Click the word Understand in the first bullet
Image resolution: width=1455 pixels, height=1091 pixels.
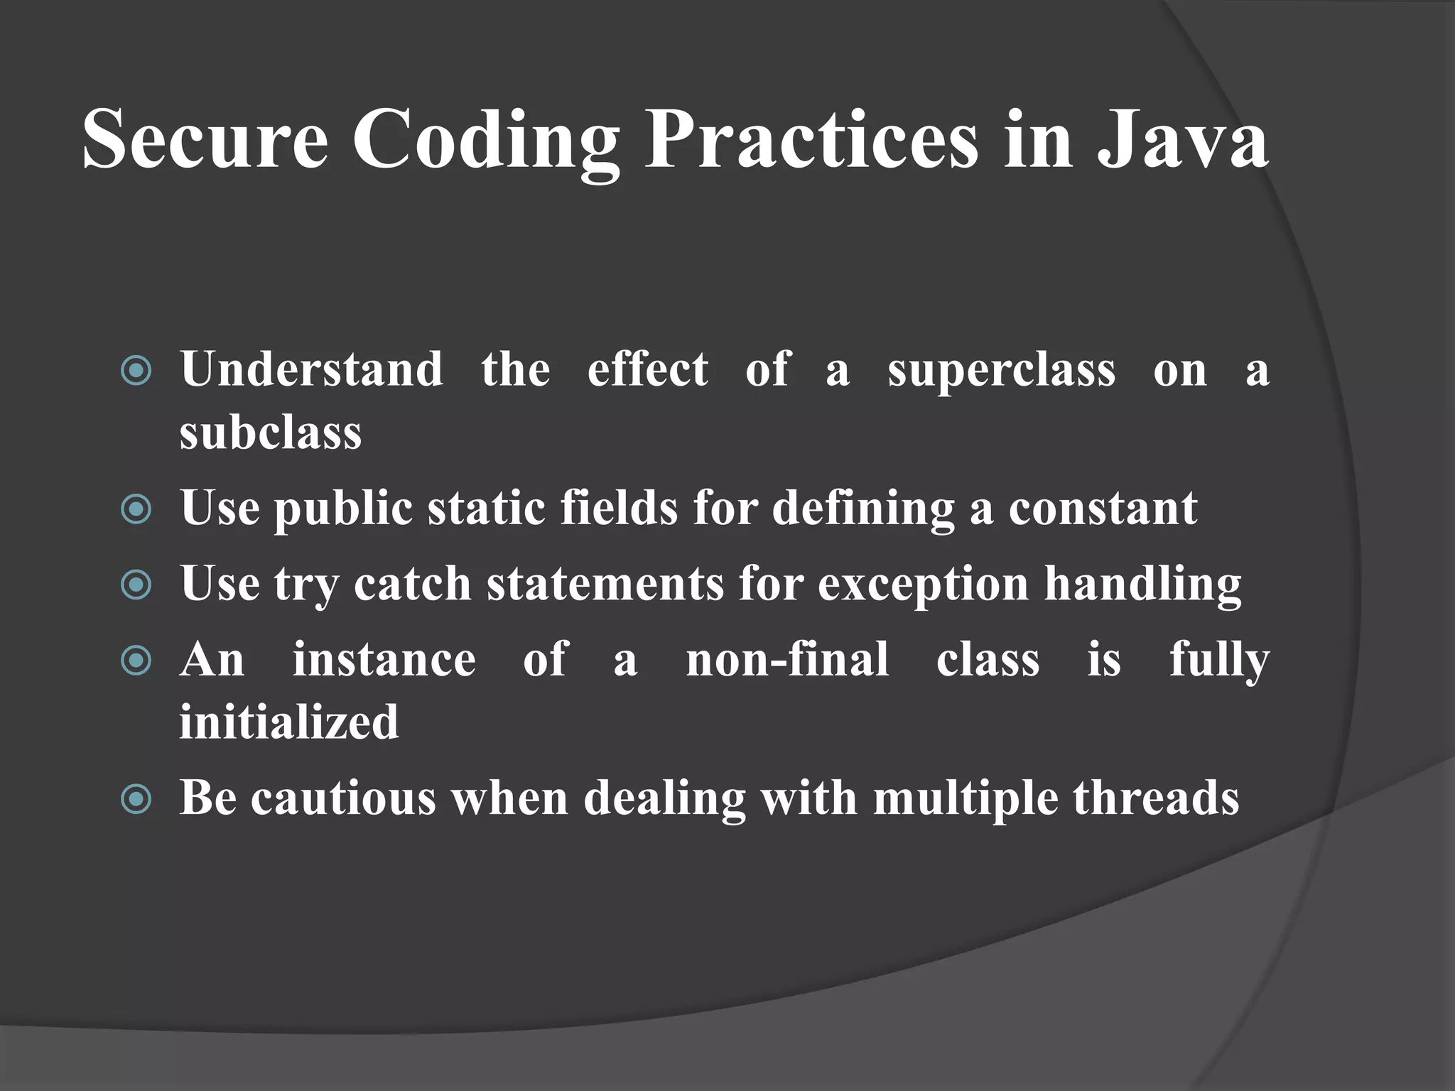click(x=312, y=369)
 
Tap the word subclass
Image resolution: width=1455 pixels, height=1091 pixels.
click(x=271, y=432)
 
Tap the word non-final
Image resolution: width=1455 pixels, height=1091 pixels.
click(x=787, y=660)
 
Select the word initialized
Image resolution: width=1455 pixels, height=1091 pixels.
click(x=289, y=722)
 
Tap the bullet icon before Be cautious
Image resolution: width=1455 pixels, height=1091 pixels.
click(x=136, y=799)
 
